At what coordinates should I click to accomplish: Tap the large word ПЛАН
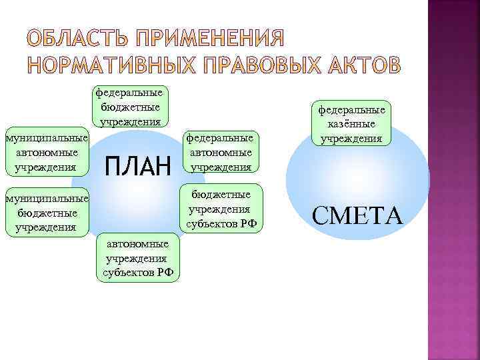139,164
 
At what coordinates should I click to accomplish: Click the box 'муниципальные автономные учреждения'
46,152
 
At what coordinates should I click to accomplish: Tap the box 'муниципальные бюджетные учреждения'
46,213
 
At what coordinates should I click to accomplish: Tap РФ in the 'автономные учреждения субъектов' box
166,273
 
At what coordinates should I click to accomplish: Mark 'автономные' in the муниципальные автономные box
46,152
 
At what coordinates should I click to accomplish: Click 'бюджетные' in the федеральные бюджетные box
131,107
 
